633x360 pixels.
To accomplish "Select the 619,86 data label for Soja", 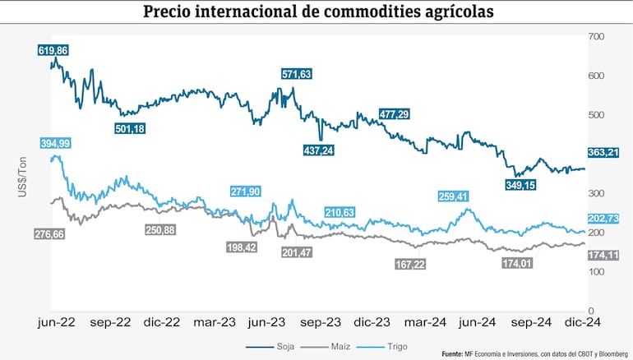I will coord(53,51).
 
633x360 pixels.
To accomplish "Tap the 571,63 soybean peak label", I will coord(293,74).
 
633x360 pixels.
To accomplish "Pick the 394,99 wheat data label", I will coord(53,143).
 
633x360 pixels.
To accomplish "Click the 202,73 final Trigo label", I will coord(603,218).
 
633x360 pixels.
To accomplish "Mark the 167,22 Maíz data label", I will coord(410,265).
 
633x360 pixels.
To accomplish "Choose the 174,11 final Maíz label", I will coord(603,256).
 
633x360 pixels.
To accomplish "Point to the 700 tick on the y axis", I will coord(596,37).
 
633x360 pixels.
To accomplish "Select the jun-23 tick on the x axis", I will coord(266,323).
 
